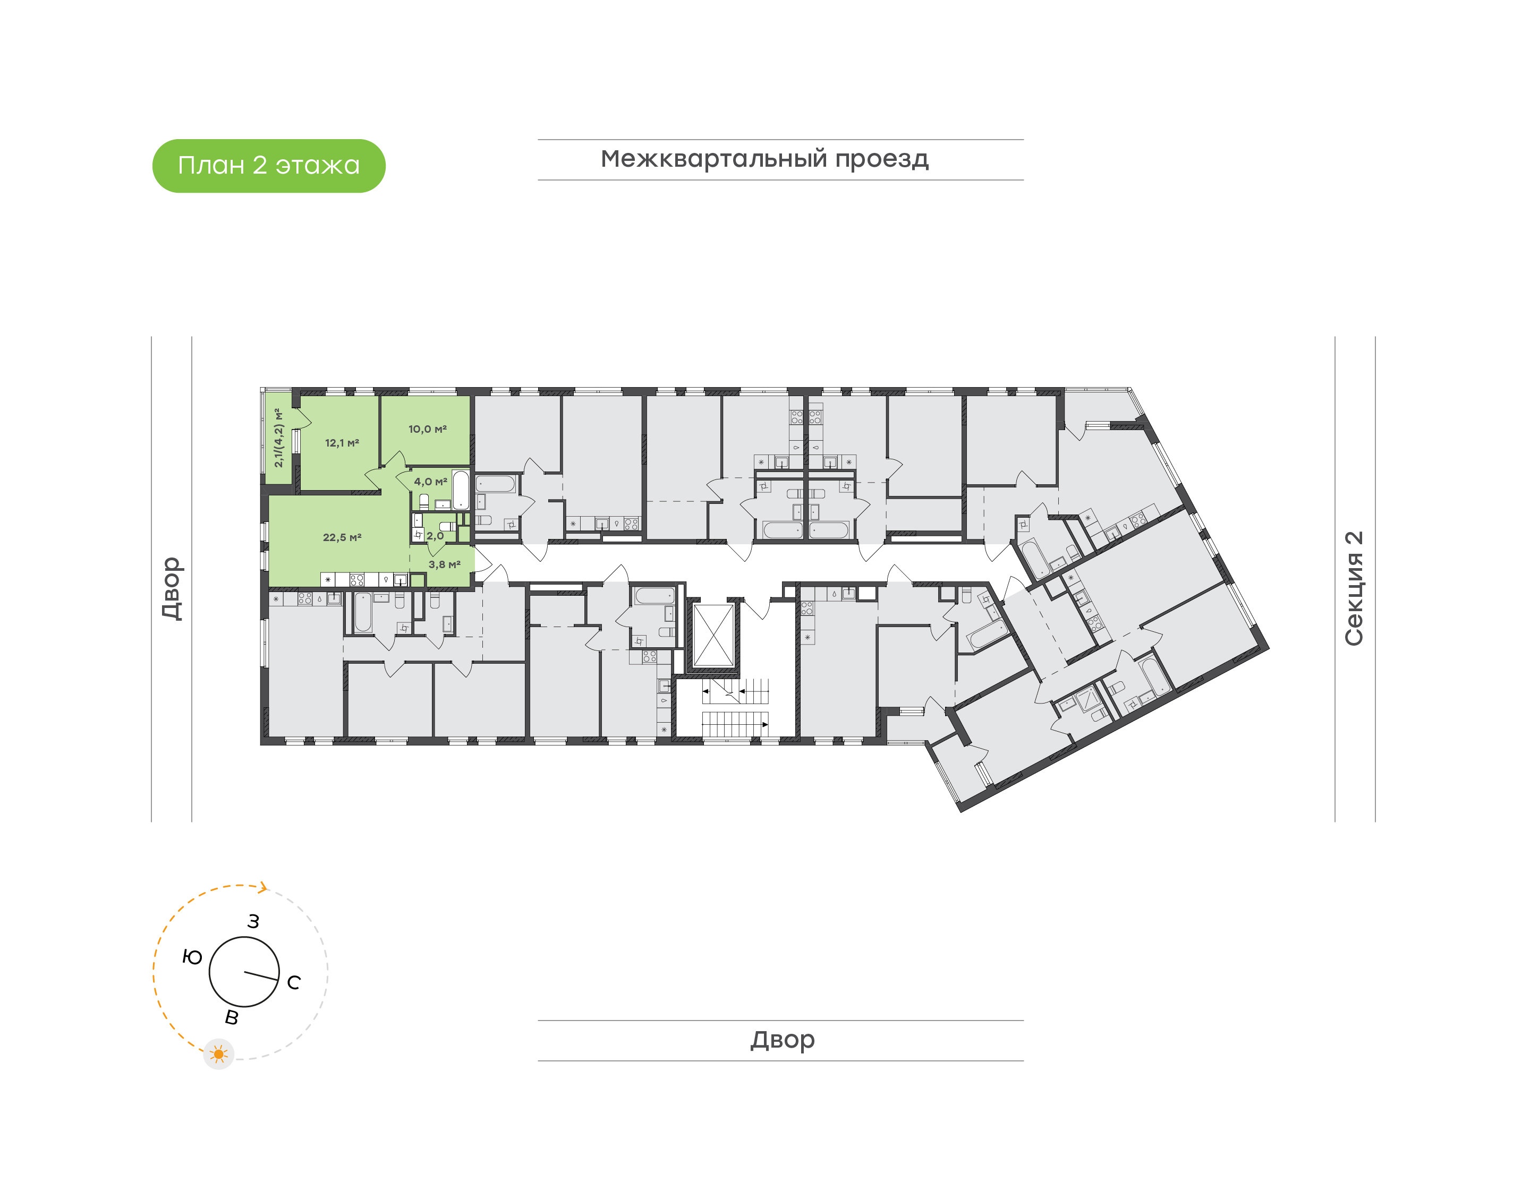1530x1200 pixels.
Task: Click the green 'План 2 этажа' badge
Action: pyautogui.click(x=268, y=166)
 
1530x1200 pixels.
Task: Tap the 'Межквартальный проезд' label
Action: pyautogui.click(x=764, y=159)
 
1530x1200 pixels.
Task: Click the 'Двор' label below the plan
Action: pyautogui.click(x=782, y=1040)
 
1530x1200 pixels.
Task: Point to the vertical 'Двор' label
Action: pyautogui.click(x=172, y=589)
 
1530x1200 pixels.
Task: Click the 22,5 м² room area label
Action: pyautogui.click(x=342, y=537)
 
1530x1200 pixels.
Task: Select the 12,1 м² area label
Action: pyautogui.click(x=342, y=443)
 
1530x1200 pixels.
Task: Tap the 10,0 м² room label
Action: pyautogui.click(x=427, y=428)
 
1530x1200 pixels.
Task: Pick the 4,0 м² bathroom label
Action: pyautogui.click(x=430, y=481)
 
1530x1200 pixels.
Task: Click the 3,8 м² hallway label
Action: pyautogui.click(x=444, y=564)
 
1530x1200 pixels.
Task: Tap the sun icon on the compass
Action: pyautogui.click(x=218, y=1055)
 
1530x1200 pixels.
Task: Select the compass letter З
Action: pyautogui.click(x=253, y=922)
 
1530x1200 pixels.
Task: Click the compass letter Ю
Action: pyautogui.click(x=192, y=957)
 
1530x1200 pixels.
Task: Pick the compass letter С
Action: pyautogui.click(x=294, y=983)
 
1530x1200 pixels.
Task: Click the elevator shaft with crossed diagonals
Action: pyautogui.click(x=713, y=636)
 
